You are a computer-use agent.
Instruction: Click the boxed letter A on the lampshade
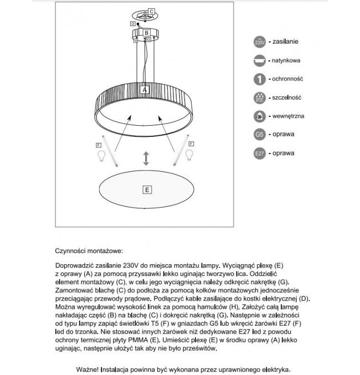tap(145, 89)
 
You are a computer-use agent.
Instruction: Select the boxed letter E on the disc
tap(146, 189)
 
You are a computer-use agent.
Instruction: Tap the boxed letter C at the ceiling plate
tap(151, 11)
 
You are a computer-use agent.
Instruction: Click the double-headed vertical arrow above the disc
tap(146, 158)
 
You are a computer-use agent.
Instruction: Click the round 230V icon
tap(260, 42)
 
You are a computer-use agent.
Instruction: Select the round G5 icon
tap(260, 134)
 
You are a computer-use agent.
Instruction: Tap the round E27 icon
tap(260, 153)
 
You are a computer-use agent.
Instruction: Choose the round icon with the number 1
tap(260, 79)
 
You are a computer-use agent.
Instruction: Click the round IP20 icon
tap(260, 97)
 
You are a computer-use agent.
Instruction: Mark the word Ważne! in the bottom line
tap(89, 369)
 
